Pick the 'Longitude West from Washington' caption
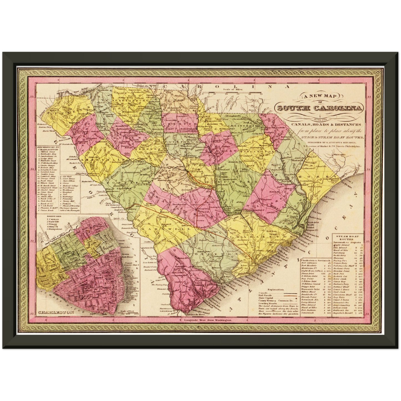(208, 320)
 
